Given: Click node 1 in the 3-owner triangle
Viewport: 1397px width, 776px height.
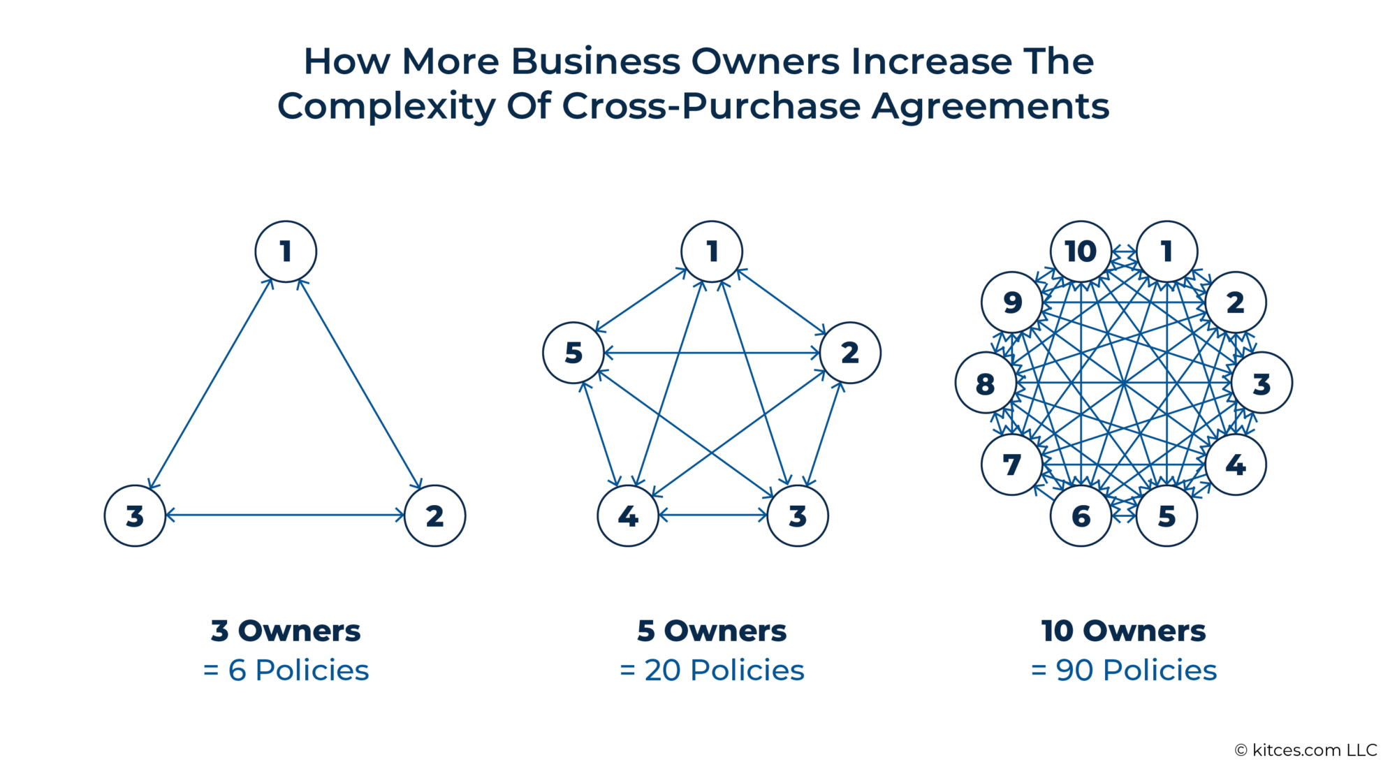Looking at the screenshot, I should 286,251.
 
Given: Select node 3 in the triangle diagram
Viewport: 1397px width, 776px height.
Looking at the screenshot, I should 135,515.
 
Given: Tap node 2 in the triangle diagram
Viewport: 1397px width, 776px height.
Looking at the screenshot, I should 434,515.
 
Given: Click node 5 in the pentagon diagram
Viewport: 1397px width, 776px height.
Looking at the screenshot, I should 573,353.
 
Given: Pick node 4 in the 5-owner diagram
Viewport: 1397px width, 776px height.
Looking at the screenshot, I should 628,515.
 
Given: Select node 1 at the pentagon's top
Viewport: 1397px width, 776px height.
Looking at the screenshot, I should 712,251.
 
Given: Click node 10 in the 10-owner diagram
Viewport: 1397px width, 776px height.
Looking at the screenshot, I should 1081,251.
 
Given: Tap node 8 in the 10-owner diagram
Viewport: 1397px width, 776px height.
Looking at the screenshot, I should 985,383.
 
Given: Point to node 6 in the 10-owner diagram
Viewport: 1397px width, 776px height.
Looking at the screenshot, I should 1081,515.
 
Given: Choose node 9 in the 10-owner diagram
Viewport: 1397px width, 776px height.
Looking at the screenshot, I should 1011,302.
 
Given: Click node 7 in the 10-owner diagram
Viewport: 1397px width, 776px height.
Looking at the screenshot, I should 1011,464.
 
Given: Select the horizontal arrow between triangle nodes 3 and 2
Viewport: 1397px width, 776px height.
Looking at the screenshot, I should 285,515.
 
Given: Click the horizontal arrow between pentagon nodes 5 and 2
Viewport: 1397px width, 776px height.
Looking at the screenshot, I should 712,353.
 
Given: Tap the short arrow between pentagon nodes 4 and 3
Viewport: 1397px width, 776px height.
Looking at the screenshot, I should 712,515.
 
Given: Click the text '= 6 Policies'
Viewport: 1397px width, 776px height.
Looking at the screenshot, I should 286,671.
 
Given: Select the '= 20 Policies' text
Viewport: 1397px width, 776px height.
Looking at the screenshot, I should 712,671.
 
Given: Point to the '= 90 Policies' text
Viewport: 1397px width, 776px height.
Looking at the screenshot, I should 1124,671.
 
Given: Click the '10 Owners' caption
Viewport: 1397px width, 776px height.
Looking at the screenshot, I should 1124,631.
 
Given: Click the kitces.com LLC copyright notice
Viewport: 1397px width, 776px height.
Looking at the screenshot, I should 1305,750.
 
